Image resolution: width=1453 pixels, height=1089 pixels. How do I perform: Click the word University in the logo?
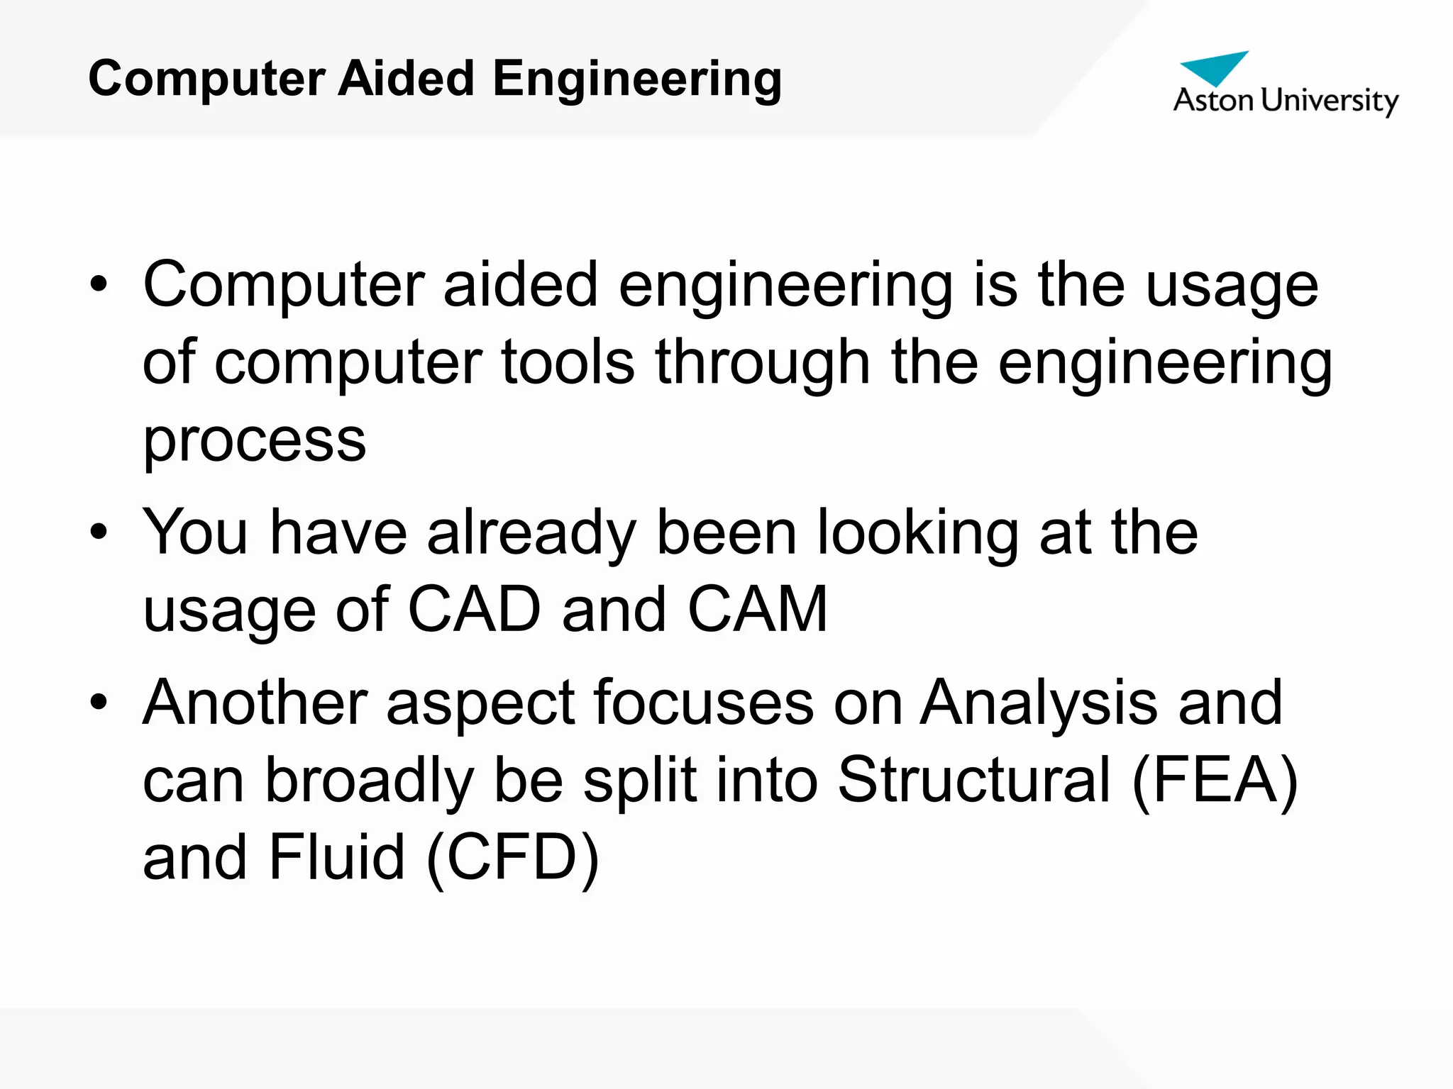click(1330, 101)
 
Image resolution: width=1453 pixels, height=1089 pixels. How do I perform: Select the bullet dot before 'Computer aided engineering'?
click(99, 284)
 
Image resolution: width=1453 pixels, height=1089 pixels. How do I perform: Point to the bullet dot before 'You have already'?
click(99, 532)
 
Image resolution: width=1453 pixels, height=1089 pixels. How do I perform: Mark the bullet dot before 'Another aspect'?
click(99, 702)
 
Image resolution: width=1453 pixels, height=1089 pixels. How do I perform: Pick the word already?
click(531, 533)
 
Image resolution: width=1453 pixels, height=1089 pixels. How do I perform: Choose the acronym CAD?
click(475, 610)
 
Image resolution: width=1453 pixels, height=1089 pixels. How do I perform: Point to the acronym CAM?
click(758, 610)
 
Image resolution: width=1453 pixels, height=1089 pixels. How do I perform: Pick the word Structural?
click(974, 780)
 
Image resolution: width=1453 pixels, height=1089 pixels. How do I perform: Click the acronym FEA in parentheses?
click(1215, 780)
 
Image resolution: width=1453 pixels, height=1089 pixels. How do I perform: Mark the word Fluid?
click(337, 857)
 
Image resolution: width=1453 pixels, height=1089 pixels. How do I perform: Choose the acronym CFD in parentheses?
click(512, 857)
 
